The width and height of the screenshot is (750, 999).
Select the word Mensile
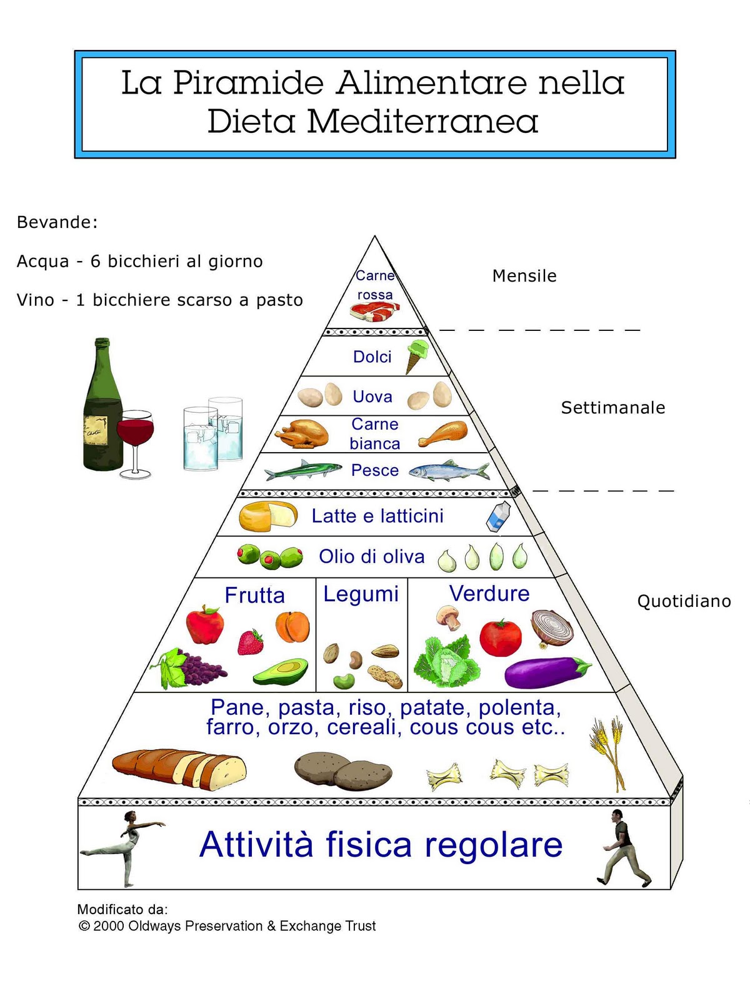pos(524,276)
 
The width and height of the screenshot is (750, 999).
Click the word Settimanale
pos(612,408)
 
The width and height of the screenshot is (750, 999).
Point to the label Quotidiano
pos(684,601)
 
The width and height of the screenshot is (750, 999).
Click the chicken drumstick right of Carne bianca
pos(444,433)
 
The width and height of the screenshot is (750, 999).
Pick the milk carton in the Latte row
pos(498,517)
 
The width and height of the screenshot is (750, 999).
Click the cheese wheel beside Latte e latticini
pos(267,516)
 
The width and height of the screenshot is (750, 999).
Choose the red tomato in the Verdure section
pos(500,637)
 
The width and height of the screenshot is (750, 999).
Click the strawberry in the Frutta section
pos(251,642)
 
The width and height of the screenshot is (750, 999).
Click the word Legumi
pos(361,594)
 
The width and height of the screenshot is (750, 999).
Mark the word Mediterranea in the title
pos(422,121)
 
